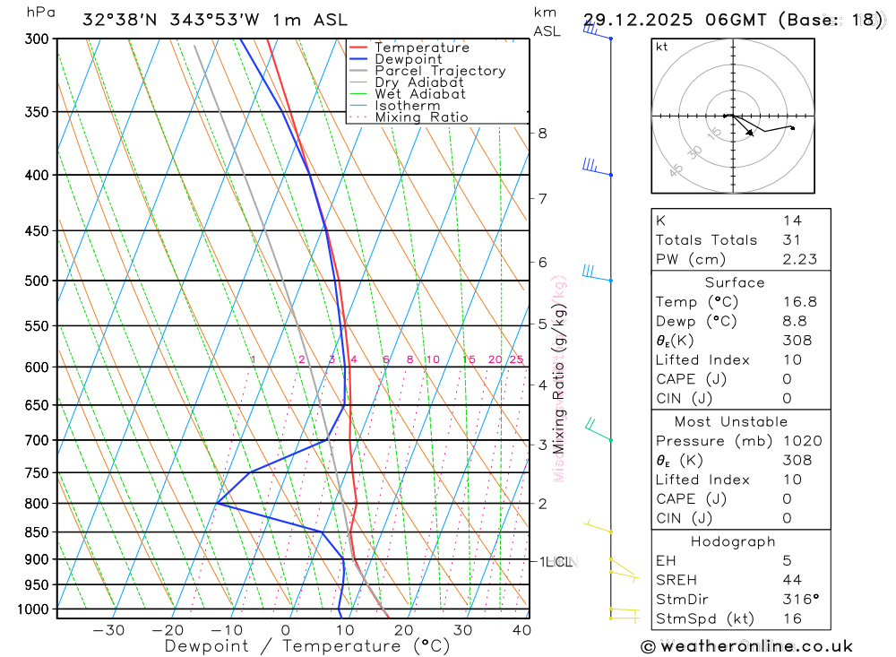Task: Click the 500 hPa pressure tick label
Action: [x=37, y=281]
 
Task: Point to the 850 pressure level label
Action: [x=37, y=532]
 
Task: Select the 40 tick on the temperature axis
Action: [x=521, y=630]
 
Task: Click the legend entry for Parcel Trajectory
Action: [x=440, y=71]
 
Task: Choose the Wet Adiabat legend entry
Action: [x=420, y=94]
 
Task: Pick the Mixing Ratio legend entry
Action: [x=421, y=117]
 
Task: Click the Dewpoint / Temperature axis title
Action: [x=307, y=645]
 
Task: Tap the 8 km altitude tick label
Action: [x=542, y=134]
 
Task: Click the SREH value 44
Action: [x=791, y=579]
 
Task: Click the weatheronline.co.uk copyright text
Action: [x=746, y=646]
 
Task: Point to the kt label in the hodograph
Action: [x=662, y=47]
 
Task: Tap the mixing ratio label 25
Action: [x=516, y=359]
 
